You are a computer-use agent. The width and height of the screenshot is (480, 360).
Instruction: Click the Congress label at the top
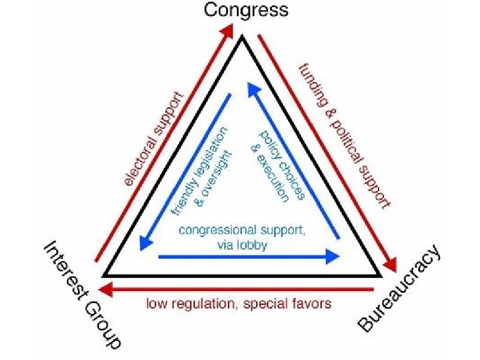[246, 10]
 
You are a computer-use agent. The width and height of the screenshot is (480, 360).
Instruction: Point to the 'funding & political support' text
[344, 135]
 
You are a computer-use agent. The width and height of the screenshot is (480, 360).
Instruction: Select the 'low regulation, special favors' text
[239, 304]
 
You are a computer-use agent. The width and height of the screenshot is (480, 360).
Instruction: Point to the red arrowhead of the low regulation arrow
[107, 289]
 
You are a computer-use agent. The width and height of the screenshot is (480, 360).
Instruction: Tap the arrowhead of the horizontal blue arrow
[333, 257]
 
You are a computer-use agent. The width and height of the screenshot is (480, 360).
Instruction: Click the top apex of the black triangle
[242, 38]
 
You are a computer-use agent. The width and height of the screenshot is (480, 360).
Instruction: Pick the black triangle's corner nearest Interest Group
[106, 275]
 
